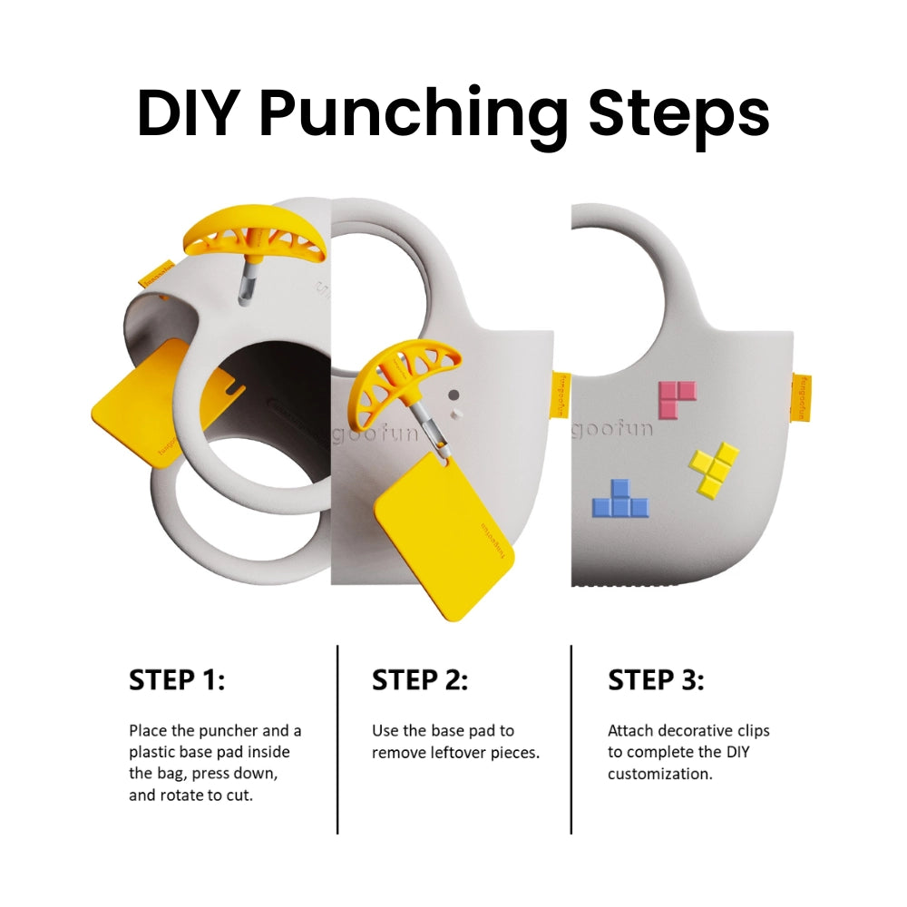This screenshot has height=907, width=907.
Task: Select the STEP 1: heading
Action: (x=177, y=680)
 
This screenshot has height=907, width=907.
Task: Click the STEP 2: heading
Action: (x=420, y=680)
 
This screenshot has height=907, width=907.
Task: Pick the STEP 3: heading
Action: (x=656, y=680)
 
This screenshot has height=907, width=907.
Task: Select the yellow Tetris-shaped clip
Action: (x=714, y=468)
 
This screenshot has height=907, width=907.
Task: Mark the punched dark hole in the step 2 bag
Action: (x=454, y=395)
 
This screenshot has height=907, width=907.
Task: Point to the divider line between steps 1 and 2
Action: (x=337, y=739)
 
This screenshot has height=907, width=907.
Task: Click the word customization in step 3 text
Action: (x=659, y=774)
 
